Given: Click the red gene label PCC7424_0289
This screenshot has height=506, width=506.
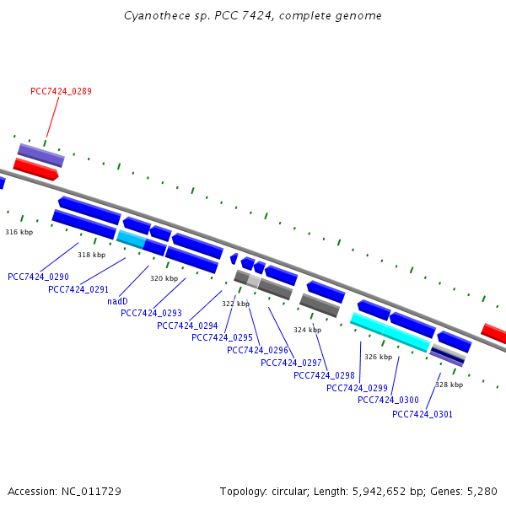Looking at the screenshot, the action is (x=61, y=91).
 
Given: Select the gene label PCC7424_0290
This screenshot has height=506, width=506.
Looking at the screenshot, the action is (x=38, y=277).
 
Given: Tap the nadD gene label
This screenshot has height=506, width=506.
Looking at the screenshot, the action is (x=117, y=301).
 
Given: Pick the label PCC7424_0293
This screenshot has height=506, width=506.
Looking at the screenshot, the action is (x=151, y=313).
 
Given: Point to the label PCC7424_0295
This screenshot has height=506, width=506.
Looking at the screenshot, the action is (x=222, y=337).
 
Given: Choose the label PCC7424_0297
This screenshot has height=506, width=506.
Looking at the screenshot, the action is (x=291, y=363).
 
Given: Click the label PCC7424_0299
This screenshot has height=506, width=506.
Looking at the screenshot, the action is (x=357, y=388).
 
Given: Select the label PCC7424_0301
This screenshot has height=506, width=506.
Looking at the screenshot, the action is (x=423, y=414).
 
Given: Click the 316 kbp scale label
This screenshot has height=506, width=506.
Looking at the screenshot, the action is (x=19, y=232).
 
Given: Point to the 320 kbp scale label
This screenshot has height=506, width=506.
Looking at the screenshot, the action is (x=164, y=278).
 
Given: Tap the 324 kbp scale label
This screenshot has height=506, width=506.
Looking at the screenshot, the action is (x=307, y=330).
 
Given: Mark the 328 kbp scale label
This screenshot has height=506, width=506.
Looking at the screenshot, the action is (x=449, y=385).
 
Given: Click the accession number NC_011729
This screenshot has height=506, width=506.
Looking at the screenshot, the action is (x=91, y=492).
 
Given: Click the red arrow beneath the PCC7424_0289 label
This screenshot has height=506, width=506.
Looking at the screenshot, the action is (x=35, y=170).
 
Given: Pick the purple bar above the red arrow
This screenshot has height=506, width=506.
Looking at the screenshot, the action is (x=41, y=155).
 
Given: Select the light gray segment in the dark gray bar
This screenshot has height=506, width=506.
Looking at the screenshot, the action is (x=254, y=281).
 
